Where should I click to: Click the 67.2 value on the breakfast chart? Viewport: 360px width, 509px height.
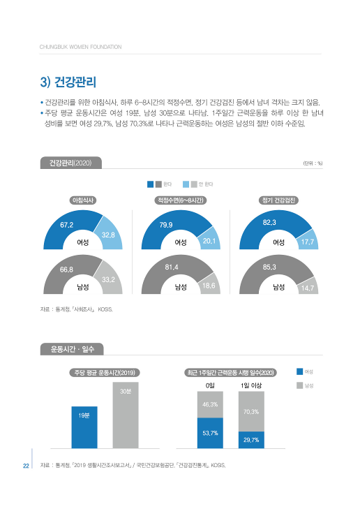[x=67, y=225]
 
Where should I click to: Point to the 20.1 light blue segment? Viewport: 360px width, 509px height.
[x=207, y=241]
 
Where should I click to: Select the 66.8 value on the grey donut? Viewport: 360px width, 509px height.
[x=67, y=269]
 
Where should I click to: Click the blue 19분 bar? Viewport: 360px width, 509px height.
[x=84, y=427]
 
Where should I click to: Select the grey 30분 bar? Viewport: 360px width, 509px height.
[x=126, y=415]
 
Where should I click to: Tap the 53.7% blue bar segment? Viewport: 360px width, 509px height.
[x=210, y=433]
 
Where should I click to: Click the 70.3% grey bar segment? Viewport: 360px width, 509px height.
[x=251, y=411]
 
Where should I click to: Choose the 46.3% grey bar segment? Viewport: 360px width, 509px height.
[x=210, y=404]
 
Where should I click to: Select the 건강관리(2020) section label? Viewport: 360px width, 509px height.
[x=71, y=163]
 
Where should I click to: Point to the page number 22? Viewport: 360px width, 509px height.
[x=24, y=466]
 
